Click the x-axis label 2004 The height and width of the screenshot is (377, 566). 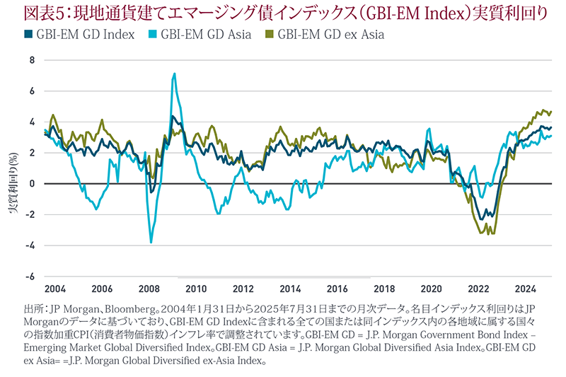click(x=55, y=289)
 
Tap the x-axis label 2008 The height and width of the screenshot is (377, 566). click(x=149, y=289)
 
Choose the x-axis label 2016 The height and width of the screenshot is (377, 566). click(x=337, y=289)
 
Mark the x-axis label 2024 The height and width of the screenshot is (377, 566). click(x=526, y=289)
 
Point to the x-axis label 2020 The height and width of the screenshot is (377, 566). click(x=432, y=289)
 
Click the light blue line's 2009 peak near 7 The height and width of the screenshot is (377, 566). click(x=174, y=74)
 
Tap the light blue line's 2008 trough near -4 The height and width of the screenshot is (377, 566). click(x=151, y=243)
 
